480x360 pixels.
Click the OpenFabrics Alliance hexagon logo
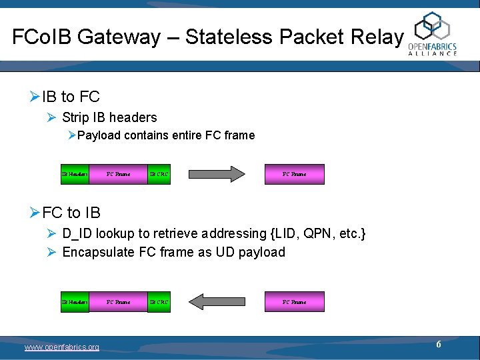[432, 26]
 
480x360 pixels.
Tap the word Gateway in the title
[119, 37]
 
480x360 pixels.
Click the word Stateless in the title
[229, 37]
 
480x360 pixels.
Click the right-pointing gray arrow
[217, 174]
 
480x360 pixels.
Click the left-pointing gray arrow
[217, 302]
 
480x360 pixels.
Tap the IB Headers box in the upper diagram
[75, 174]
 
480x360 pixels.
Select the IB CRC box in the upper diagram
[159, 174]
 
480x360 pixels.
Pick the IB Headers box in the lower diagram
[75, 302]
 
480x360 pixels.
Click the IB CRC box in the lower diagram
[159, 302]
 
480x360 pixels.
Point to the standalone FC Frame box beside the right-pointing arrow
[295, 174]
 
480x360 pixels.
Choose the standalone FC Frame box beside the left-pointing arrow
[295, 302]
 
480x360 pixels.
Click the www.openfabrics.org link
[62, 347]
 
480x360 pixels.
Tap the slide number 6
[439, 345]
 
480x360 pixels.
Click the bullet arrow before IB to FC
[35, 97]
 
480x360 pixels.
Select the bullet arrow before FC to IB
[35, 212]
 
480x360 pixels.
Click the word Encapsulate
[99, 253]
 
